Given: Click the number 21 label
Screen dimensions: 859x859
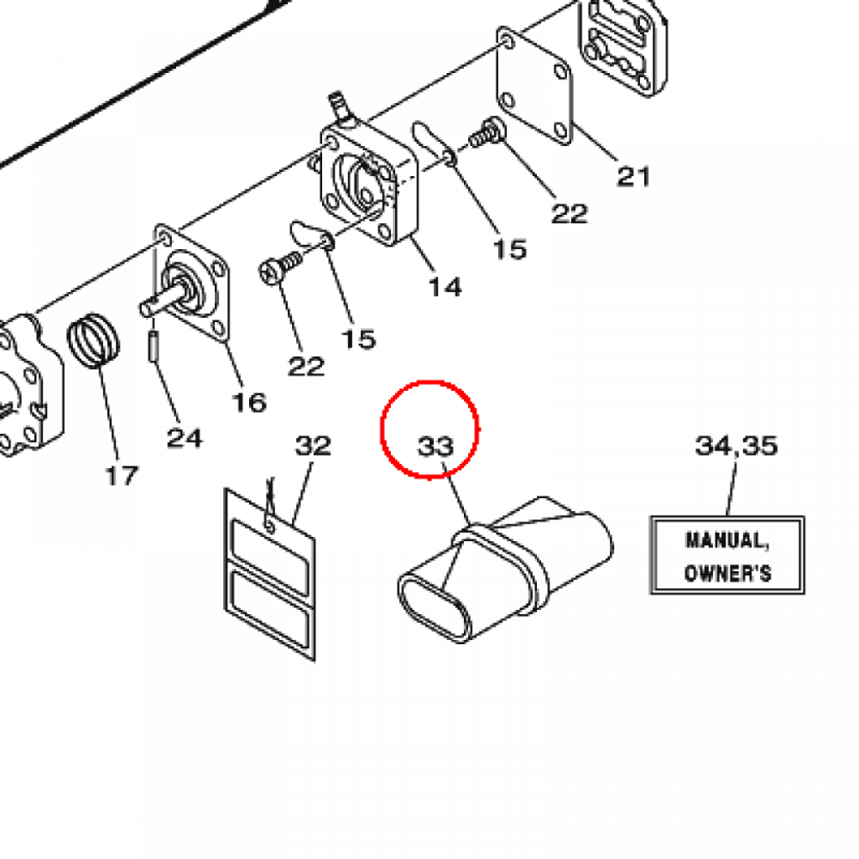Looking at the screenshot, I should [634, 177].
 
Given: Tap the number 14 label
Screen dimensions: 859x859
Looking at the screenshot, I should [445, 287].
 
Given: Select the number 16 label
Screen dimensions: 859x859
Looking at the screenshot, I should [248, 402].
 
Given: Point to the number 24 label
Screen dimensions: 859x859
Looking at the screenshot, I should [184, 437].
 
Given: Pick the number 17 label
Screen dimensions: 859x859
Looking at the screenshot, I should [121, 476].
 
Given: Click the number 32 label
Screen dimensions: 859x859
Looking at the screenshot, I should [312, 445].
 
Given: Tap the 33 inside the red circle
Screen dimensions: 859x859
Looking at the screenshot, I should [435, 446].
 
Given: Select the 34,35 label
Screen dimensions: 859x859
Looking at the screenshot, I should [736, 445].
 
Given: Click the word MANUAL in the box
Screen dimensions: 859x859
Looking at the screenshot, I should [726, 540].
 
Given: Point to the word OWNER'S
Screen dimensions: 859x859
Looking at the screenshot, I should [727, 574].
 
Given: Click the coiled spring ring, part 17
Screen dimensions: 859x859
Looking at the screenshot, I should [93, 339].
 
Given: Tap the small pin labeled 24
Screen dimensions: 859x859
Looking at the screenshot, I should [154, 346].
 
